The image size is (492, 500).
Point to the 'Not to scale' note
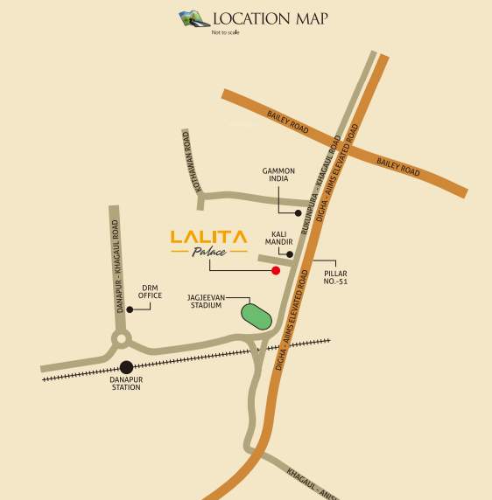pos(224,33)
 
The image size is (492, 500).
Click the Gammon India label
pos(278,175)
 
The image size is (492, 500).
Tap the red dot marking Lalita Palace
pos(276,271)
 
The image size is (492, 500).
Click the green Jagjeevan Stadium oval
pos(257,315)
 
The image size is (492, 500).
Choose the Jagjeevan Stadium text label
pos(207,302)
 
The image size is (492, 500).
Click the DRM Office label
pos(151,291)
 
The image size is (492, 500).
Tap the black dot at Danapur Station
pos(127,367)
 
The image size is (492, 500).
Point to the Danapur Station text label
pos(126,383)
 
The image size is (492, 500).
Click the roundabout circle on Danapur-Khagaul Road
pos(120,338)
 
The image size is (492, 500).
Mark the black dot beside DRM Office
pos(130,309)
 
